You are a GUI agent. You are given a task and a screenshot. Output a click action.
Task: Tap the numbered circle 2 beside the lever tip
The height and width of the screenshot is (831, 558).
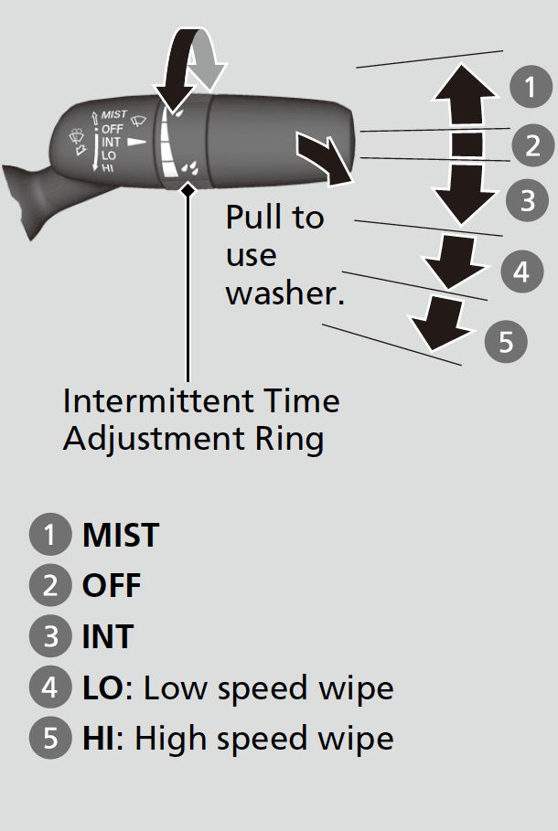(532, 144)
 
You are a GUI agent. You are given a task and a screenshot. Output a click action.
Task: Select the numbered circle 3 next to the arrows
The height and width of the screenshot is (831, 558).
(527, 200)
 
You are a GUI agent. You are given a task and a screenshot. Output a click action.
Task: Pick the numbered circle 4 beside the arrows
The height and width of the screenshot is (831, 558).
(520, 272)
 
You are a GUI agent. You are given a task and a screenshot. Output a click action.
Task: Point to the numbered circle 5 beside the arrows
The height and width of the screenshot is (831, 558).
(505, 341)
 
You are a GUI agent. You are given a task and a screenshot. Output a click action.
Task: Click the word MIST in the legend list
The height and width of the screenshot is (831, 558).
(120, 536)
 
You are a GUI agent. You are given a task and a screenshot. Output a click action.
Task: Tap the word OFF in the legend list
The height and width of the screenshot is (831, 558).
(112, 586)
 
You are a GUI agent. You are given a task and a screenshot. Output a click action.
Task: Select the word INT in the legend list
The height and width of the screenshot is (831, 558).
(108, 636)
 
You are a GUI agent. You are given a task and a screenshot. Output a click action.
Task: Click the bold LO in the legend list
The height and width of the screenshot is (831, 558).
(102, 687)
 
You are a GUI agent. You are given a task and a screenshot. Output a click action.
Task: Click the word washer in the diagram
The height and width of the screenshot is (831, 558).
(284, 294)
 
